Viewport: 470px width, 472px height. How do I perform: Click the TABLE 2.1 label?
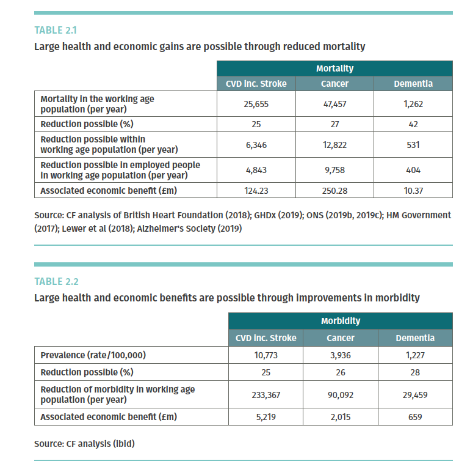point(56,29)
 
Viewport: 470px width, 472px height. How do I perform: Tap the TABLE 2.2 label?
point(56,282)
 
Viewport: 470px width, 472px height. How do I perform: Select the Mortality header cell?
point(334,69)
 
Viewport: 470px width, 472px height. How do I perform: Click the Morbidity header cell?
point(340,321)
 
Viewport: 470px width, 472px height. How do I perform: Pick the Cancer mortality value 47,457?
point(334,104)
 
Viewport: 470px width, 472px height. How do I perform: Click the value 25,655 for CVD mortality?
point(256,104)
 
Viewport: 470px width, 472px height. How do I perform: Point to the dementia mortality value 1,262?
point(413,104)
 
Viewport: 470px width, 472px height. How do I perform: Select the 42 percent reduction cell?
point(413,124)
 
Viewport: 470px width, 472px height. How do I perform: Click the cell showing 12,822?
point(334,145)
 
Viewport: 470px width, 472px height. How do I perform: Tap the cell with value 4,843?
point(256,170)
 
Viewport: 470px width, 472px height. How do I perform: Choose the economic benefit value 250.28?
point(334,191)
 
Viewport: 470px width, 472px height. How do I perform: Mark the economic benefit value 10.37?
point(413,191)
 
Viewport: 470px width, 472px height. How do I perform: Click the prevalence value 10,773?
point(266,355)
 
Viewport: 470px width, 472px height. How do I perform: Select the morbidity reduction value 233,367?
point(266,395)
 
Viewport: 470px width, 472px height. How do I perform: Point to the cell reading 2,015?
point(340,417)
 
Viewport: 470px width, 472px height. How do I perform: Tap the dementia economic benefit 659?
point(415,417)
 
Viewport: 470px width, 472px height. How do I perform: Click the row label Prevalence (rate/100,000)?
point(93,355)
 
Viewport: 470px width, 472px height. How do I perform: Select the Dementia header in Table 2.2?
point(415,338)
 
